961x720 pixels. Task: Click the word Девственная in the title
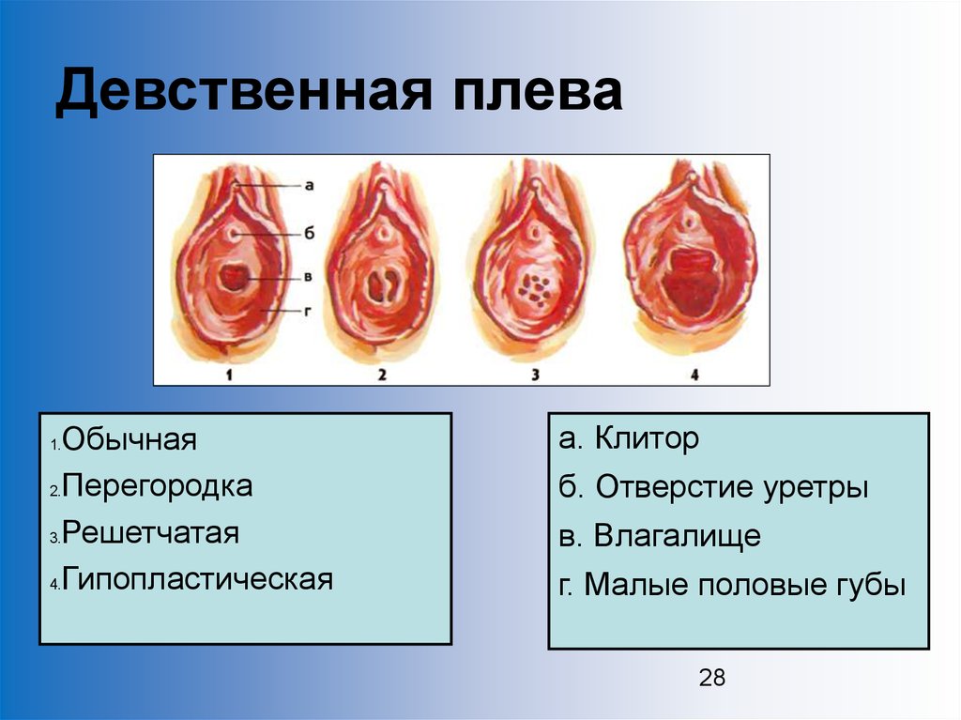pos(244,92)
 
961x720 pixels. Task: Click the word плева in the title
pos(538,92)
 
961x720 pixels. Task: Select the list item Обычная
pos(130,439)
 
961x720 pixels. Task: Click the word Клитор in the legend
pos(648,439)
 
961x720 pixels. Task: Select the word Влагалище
pos(678,536)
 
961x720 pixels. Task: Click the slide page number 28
pos(712,678)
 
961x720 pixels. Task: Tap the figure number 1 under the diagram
pos(229,374)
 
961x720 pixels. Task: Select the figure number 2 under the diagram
pos(382,374)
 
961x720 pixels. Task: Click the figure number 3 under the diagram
pos(535,374)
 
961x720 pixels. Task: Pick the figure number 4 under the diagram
pos(694,374)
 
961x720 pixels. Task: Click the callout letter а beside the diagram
pos(309,185)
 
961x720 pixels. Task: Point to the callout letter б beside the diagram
pos(309,233)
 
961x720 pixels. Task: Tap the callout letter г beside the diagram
pos(308,311)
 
